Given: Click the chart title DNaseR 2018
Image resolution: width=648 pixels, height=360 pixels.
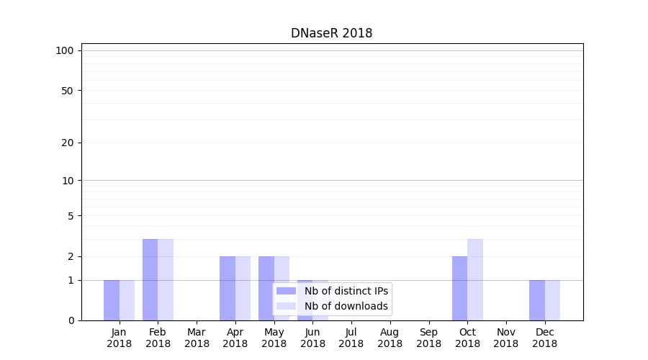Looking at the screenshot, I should (331, 33).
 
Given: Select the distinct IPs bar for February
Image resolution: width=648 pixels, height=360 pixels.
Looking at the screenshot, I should (150, 279).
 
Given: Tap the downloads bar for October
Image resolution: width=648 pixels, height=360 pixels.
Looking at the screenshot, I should (475, 279).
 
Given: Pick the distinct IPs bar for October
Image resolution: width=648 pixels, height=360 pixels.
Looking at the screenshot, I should (459, 288).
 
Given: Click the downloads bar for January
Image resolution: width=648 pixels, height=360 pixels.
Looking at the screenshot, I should (127, 300).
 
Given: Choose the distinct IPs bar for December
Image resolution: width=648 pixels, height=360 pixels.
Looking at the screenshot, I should (536, 300).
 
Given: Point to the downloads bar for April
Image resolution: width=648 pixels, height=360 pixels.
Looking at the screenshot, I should (243, 288).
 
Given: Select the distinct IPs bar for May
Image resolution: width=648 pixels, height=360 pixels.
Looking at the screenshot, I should (266, 288).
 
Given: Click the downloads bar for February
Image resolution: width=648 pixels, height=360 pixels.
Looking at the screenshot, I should (166, 279).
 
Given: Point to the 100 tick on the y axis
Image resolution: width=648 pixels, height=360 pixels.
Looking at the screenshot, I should (65, 50).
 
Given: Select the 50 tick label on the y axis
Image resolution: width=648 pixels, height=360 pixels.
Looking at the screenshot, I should (68, 91).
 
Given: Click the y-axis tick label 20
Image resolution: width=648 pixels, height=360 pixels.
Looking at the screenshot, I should (68, 143).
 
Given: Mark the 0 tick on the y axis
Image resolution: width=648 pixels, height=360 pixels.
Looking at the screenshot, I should (71, 320).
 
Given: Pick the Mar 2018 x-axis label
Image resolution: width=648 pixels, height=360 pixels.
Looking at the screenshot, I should (197, 338).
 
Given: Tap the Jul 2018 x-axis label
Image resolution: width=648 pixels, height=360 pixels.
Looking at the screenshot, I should (351, 338).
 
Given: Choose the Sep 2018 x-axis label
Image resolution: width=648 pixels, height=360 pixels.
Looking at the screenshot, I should (428, 338).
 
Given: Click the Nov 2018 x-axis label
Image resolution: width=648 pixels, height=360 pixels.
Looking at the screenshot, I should (506, 338).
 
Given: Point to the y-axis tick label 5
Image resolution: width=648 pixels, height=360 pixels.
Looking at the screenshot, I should (71, 216).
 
